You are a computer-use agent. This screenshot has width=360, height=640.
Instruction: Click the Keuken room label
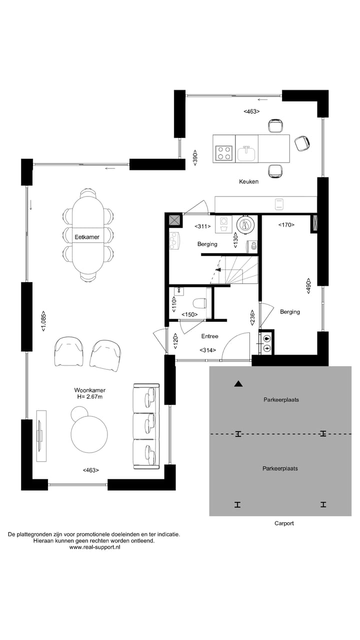[248, 181]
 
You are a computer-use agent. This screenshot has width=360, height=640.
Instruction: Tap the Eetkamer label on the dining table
[86, 236]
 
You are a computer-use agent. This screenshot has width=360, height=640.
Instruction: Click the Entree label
[209, 336]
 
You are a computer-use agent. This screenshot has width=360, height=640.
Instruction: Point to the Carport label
[284, 523]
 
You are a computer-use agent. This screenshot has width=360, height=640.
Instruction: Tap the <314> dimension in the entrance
[207, 350]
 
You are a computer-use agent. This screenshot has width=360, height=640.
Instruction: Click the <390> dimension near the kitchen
[195, 158]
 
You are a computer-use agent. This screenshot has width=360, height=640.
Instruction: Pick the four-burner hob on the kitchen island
[224, 152]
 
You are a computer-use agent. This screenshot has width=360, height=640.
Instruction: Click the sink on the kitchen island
[247, 153]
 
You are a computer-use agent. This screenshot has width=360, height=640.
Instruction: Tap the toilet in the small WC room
[200, 302]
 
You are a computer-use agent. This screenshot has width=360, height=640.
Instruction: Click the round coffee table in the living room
[89, 434]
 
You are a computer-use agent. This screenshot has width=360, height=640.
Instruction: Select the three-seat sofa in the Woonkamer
[146, 426]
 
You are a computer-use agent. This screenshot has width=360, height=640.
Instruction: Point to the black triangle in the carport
[238, 384]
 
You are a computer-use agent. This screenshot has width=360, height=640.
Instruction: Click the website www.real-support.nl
[94, 547]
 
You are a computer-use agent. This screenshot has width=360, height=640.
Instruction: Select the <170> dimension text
[286, 225]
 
